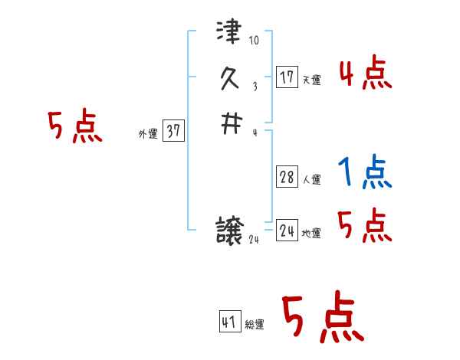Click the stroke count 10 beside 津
pos(255,40)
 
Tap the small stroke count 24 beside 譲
pos(255,239)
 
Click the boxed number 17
pos(287,77)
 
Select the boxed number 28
pos(287,177)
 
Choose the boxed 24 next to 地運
pos(287,231)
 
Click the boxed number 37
pos(173,131)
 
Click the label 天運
pos(312,80)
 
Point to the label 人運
pos(312,180)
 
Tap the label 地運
pos(312,234)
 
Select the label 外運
pos(148,134)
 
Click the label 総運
pos(255,325)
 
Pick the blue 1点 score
pos(365,173)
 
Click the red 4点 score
pos(365,74)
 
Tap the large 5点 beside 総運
pos(322,318)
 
